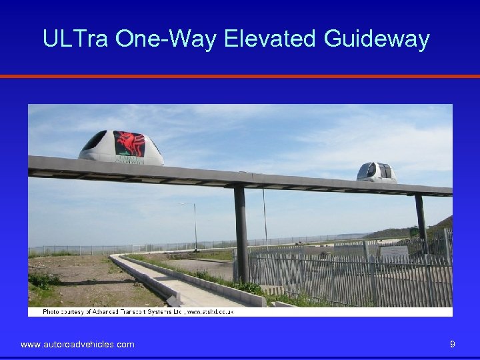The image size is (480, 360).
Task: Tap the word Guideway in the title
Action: [377, 39]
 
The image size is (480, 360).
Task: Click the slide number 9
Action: [453, 344]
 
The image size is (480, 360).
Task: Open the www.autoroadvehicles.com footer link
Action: [77, 344]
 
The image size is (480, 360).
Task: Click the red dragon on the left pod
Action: [129, 144]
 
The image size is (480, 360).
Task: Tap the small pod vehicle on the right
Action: [377, 172]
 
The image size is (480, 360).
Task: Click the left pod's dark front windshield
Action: [94, 141]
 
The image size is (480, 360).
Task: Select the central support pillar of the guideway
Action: [241, 233]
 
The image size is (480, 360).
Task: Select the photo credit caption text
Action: [147, 311]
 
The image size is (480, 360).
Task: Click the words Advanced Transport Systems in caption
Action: [139, 311]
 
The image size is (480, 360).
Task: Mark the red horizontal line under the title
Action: [240, 76]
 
